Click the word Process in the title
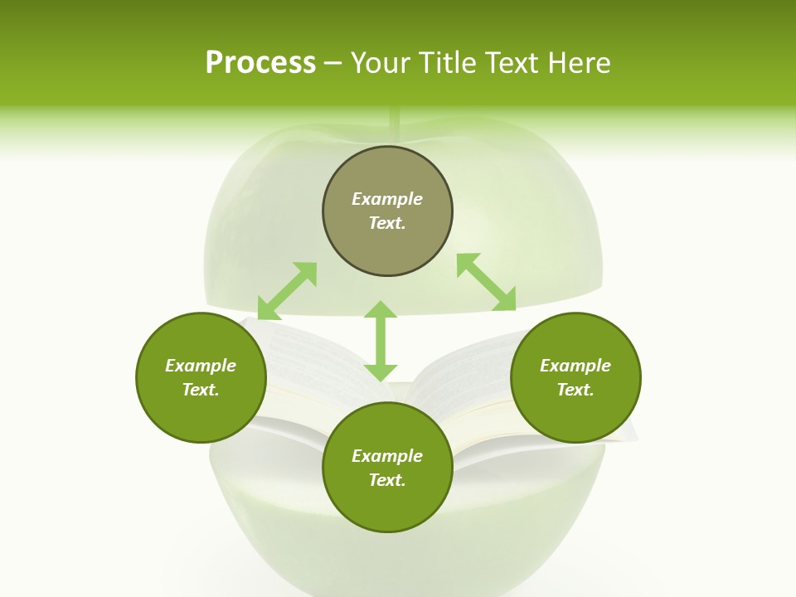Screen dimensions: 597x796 (260, 63)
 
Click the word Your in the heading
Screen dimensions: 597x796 (381, 63)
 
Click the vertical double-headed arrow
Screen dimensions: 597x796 (381, 341)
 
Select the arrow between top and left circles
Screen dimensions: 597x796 (287, 290)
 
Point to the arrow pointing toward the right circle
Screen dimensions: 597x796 (487, 282)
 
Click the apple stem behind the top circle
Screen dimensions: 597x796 (395, 124)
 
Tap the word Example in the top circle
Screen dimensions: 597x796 (387, 199)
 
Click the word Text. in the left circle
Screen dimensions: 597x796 (201, 390)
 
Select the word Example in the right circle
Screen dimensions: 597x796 (575, 366)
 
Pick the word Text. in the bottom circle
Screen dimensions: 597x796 (387, 480)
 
